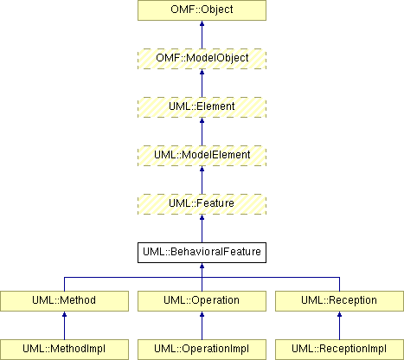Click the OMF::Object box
click(x=202, y=10)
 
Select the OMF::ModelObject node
click(x=202, y=59)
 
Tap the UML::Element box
click(x=202, y=107)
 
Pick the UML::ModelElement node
click(x=202, y=156)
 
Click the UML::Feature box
click(x=202, y=204)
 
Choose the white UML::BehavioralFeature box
click(x=202, y=253)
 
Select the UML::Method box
click(x=64, y=301)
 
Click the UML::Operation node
click(x=202, y=301)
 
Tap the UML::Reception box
click(x=339, y=301)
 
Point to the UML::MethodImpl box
click(x=64, y=350)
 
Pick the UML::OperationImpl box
click(x=202, y=350)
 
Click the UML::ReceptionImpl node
click(x=339, y=350)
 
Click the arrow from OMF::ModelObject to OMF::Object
click(x=202, y=35)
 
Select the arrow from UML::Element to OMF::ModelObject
click(x=202, y=83)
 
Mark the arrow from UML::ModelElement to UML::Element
click(x=202, y=132)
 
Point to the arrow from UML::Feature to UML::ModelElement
click(x=202, y=180)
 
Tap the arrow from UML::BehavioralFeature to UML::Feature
click(x=202, y=228)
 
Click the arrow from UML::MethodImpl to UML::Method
click(x=64, y=325)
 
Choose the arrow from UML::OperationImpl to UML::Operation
click(x=202, y=325)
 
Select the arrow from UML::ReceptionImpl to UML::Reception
click(x=339, y=325)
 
